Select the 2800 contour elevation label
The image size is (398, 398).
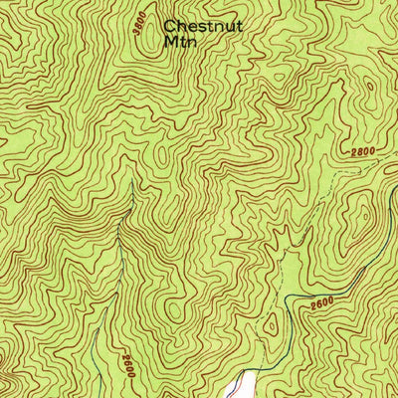pyautogui.click(x=365, y=151)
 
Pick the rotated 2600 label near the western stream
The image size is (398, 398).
pyautogui.click(x=127, y=362)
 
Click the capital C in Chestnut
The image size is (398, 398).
pyautogui.click(x=170, y=27)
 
